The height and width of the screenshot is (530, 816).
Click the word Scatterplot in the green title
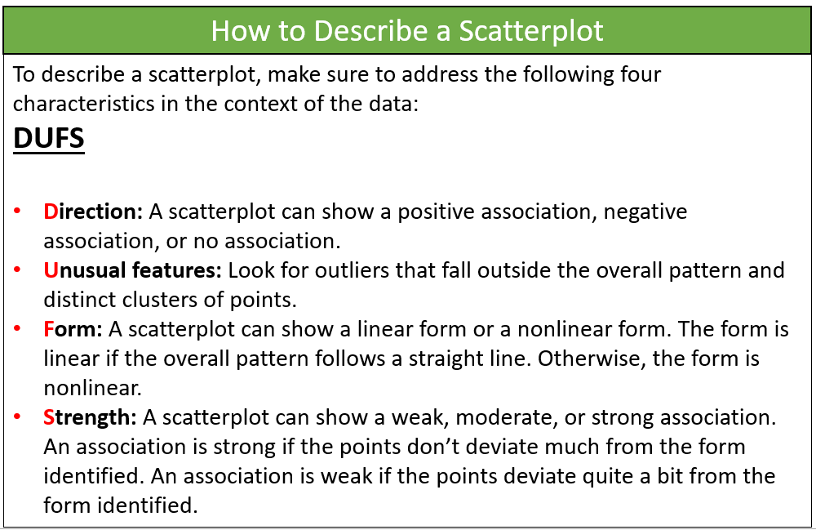click(531, 31)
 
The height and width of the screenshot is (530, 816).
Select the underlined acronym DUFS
click(49, 139)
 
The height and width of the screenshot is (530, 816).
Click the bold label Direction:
click(93, 212)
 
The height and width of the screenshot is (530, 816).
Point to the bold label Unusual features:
click(133, 271)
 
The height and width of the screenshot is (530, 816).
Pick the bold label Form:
click(73, 330)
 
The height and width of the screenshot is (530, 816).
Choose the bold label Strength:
click(90, 418)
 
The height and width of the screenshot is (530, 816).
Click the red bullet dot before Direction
click(17, 211)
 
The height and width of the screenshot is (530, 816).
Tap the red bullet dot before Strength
click(17, 416)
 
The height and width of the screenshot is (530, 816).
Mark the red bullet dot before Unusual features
click(17, 269)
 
